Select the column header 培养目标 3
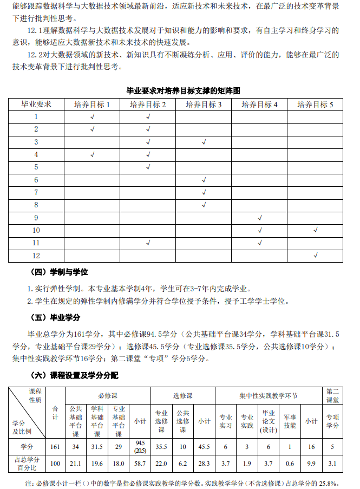click(x=204, y=105)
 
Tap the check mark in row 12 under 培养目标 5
click(x=316, y=255)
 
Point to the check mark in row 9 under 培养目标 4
click(x=260, y=218)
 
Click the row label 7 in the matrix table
click(x=36, y=192)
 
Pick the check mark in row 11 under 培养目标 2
click(x=148, y=243)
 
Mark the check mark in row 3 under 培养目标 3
click(x=204, y=142)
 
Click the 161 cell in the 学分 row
click(x=55, y=447)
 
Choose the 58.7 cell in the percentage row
click(x=140, y=464)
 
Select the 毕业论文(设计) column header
click(x=269, y=421)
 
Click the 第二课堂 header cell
click(x=332, y=395)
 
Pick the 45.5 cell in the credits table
click(x=204, y=447)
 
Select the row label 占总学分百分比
click(x=27, y=464)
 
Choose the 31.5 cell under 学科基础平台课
click(x=97, y=447)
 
